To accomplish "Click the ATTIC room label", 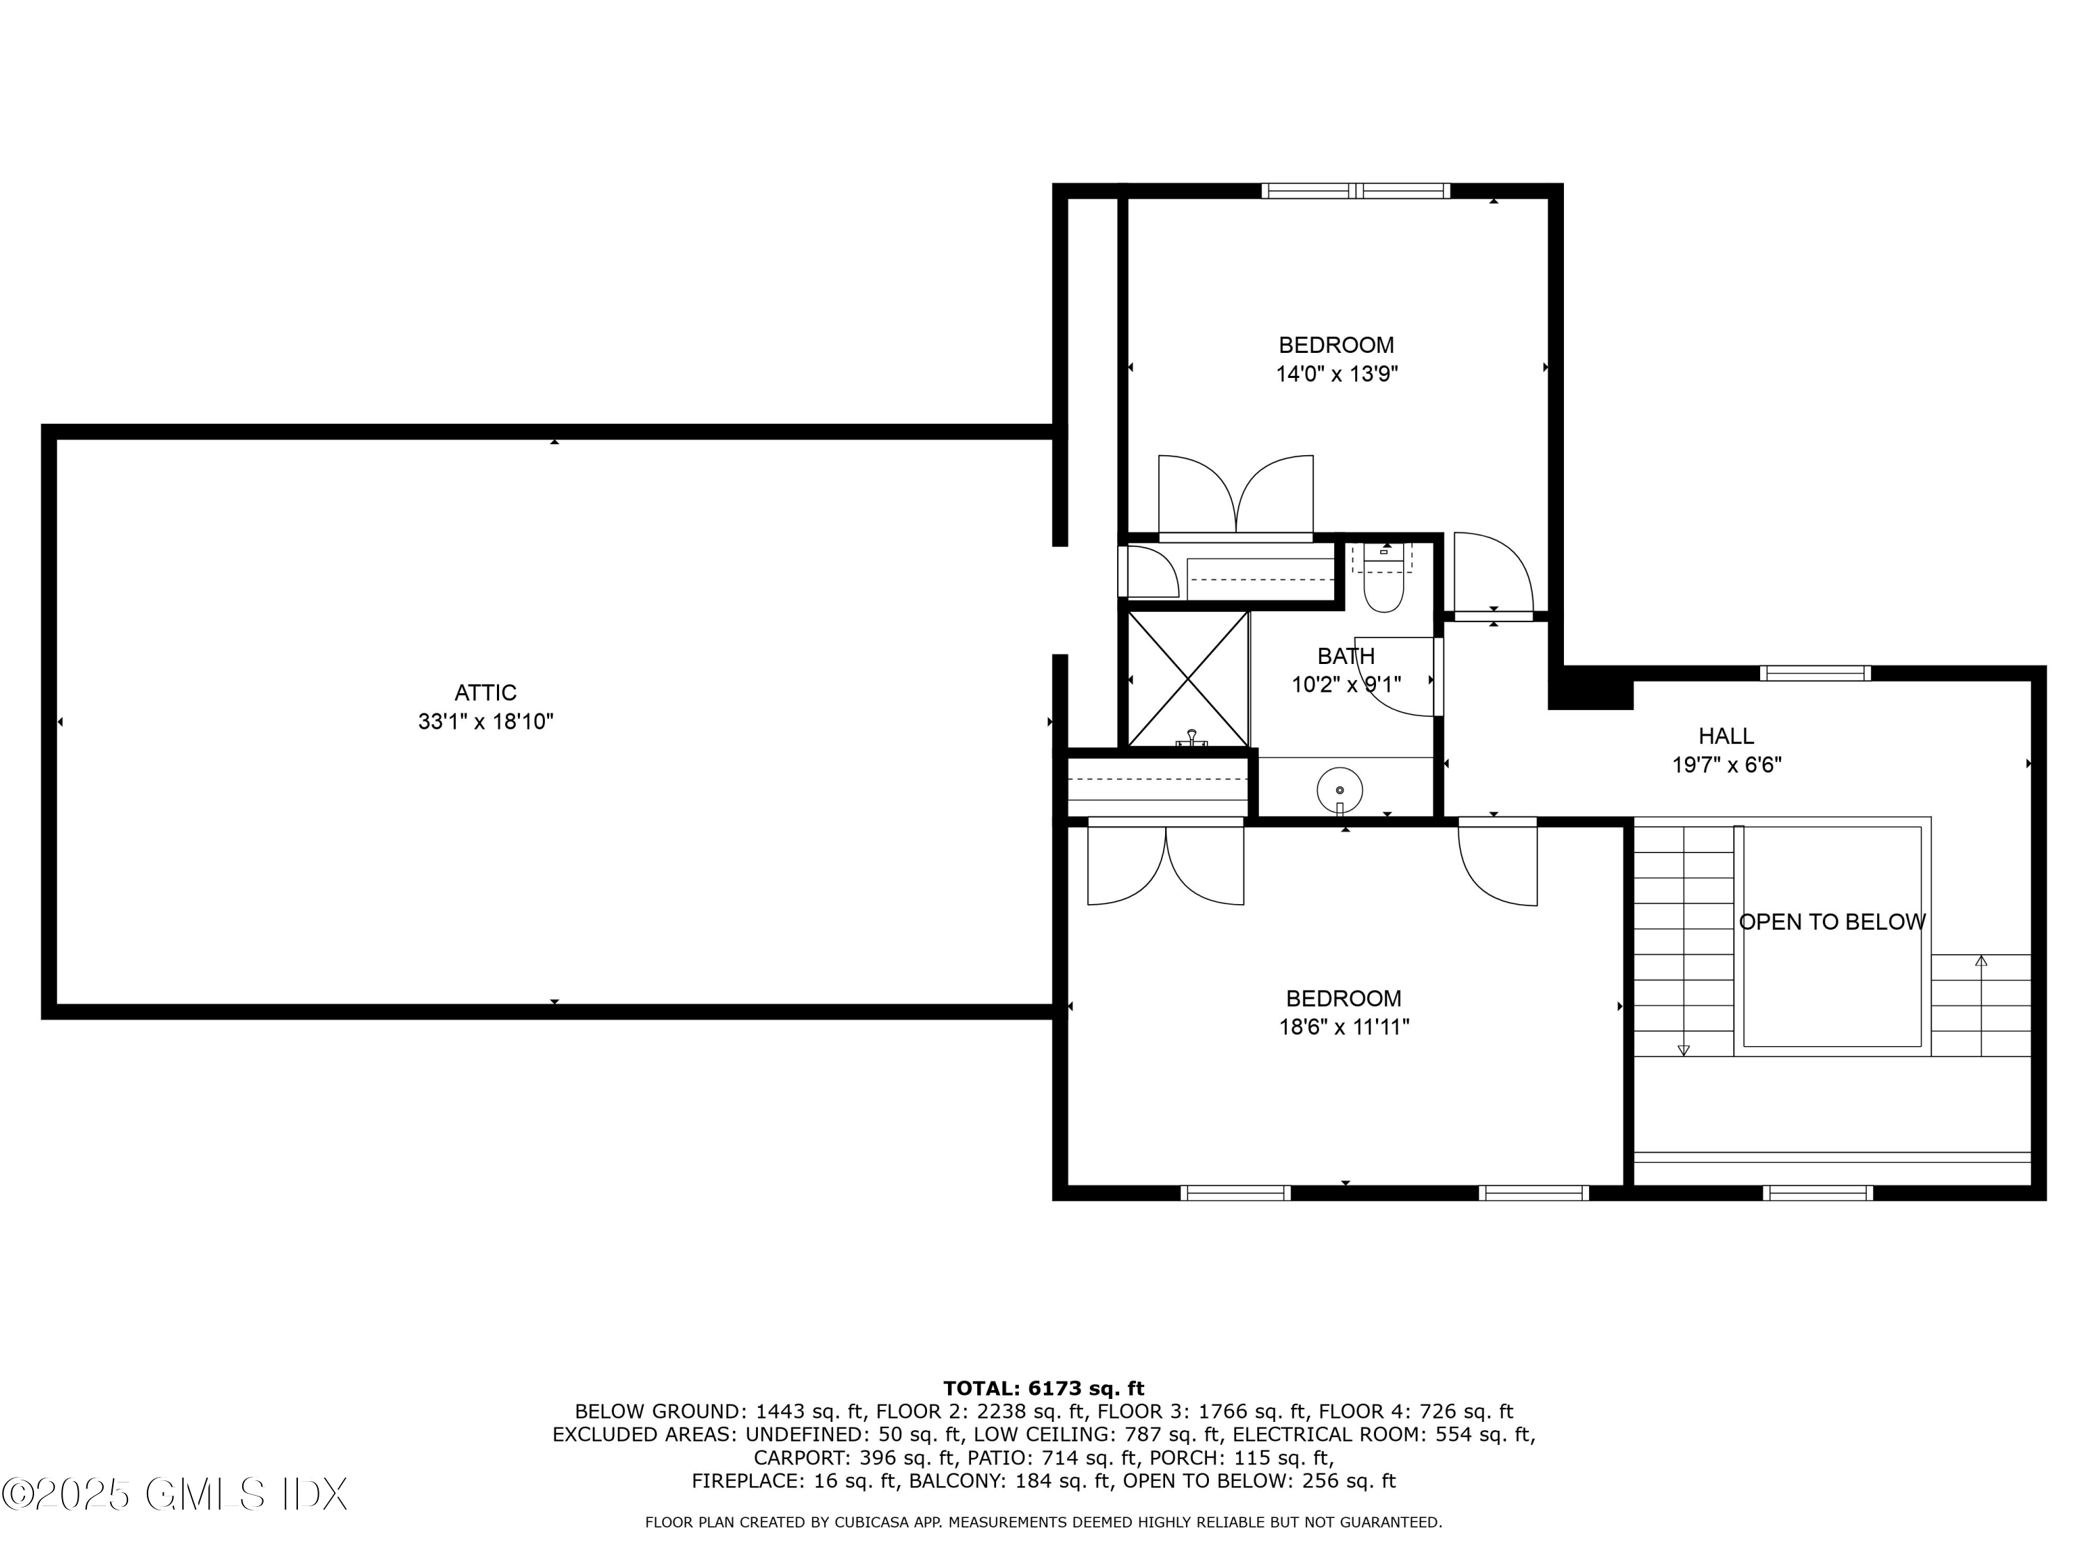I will click(x=485, y=693).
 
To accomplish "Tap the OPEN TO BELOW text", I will click(x=1831, y=922).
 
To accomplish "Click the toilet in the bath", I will click(x=1383, y=585).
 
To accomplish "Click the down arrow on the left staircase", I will click(x=1682, y=1049).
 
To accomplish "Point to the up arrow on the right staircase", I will click(x=1980, y=962).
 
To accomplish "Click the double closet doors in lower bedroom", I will click(x=1165, y=864).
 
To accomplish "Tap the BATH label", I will click(x=1345, y=656).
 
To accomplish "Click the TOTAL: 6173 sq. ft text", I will click(x=1043, y=1389).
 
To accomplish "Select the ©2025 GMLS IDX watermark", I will click(x=175, y=1494).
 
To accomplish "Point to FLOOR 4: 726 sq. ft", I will click(x=1415, y=1412).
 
